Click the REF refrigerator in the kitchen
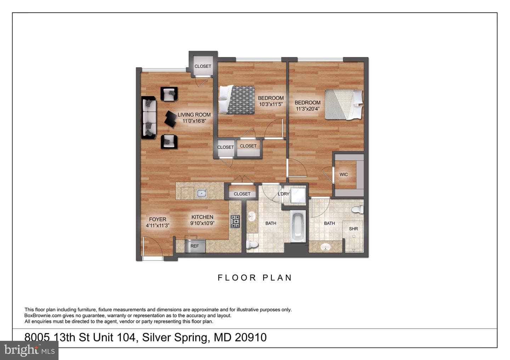[195, 246]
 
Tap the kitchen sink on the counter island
[202, 193]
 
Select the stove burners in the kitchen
[235, 222]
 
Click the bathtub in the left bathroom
[298, 227]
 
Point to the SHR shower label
[353, 229]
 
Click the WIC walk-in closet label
[344, 175]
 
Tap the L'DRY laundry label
[283, 194]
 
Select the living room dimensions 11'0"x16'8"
[194, 121]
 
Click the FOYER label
[158, 219]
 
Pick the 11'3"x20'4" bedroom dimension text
[307, 109]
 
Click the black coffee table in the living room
[171, 119]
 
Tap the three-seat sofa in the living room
[149, 118]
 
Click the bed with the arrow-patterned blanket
[236, 100]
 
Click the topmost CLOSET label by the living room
[203, 66]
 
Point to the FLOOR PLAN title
[255, 278]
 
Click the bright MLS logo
[29, 350]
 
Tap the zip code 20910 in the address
[251, 337]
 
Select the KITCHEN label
[202, 217]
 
